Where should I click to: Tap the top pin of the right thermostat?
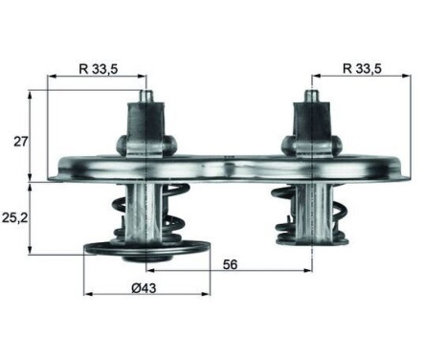pyautogui.click(x=311, y=97)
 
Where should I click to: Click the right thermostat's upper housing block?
pyautogui.click(x=311, y=124)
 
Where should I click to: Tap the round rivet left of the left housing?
pyautogui.click(x=122, y=145)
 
